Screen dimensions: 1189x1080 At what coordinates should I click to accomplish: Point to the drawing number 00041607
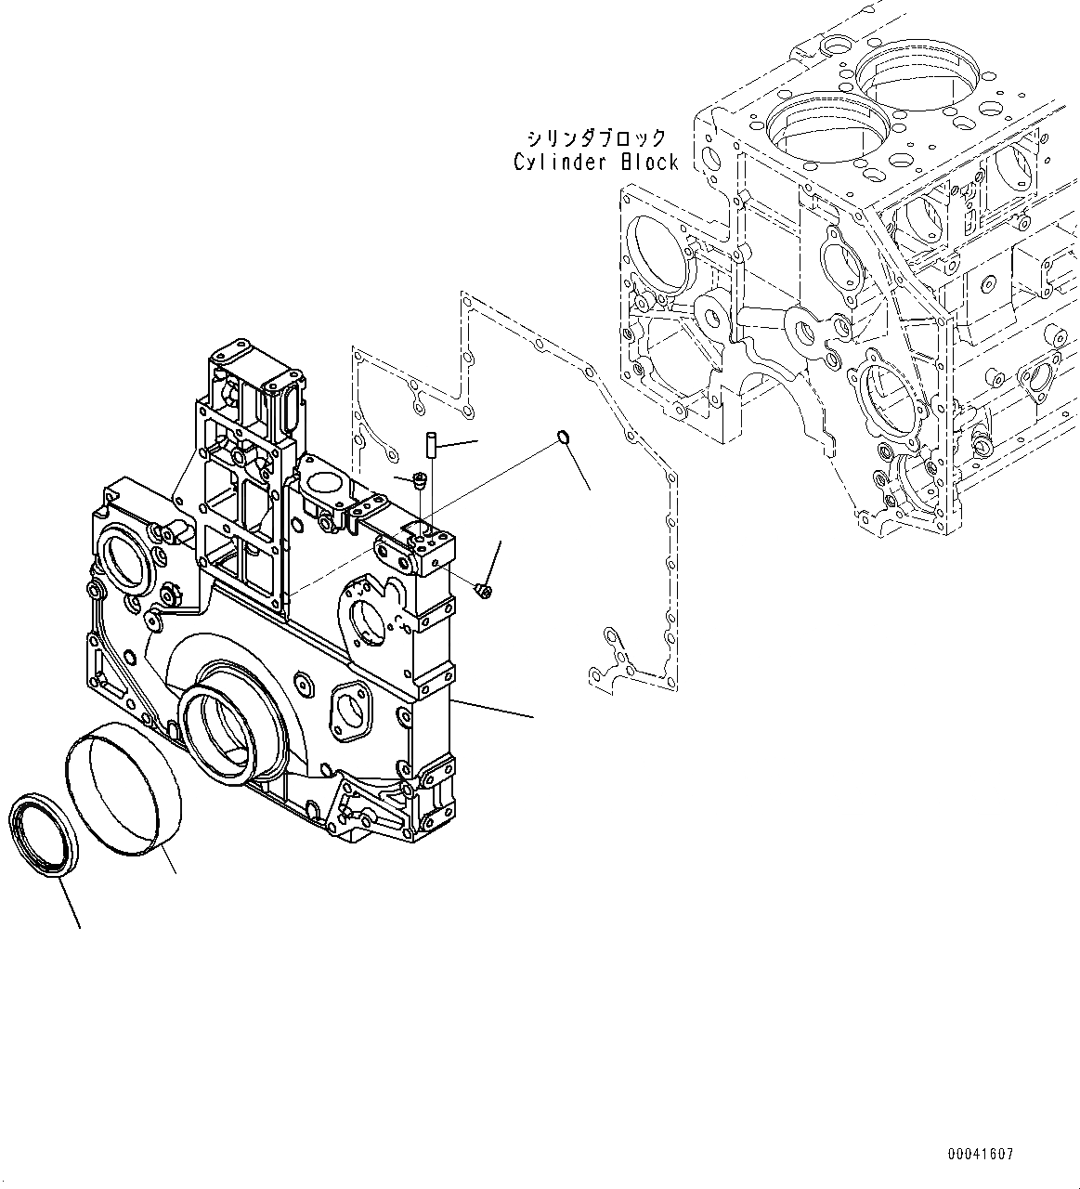[x=981, y=1155]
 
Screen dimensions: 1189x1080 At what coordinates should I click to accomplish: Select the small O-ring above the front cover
[x=563, y=437]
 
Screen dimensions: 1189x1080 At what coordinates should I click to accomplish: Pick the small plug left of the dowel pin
[x=420, y=480]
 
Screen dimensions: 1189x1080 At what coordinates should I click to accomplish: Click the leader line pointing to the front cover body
[x=492, y=707]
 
